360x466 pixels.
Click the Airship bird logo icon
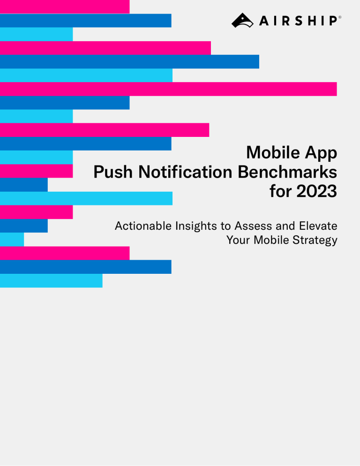[242, 20]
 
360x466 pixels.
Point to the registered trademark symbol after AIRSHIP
[339, 17]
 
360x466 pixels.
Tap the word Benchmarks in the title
[287, 173]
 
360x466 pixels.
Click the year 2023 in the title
[316, 192]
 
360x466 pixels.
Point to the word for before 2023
[280, 192]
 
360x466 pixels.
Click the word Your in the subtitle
[237, 240]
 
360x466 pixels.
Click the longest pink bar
[168, 89]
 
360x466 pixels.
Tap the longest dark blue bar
[129, 61]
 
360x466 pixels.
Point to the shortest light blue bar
[12, 240]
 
